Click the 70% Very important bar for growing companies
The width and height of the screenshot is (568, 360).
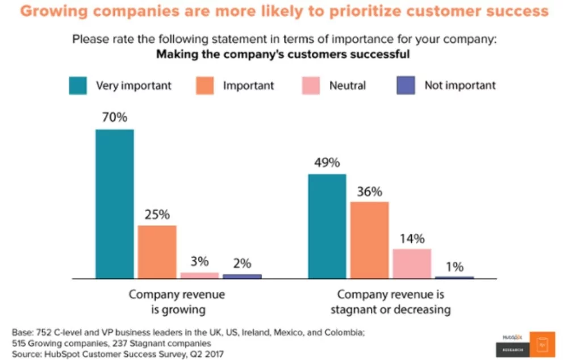(x=115, y=204)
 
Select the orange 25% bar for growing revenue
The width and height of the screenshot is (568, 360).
(x=157, y=252)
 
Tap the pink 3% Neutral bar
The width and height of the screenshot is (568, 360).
(x=199, y=275)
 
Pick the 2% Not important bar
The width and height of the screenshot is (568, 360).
(x=242, y=276)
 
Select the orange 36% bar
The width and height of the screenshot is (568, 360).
(x=369, y=240)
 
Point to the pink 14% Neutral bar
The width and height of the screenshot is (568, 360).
(x=412, y=263)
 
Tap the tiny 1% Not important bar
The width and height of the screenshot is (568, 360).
(x=454, y=277)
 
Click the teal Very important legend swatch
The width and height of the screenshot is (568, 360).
(x=78, y=86)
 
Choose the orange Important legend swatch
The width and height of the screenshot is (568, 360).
(x=205, y=86)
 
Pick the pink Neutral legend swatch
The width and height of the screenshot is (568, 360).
(x=312, y=86)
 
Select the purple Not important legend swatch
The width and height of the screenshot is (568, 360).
(x=406, y=86)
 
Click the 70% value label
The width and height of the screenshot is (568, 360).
(x=115, y=118)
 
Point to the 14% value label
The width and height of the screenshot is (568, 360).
(x=411, y=238)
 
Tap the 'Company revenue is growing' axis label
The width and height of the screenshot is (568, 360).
(x=177, y=302)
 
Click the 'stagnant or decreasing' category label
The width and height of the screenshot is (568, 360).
(x=390, y=309)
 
